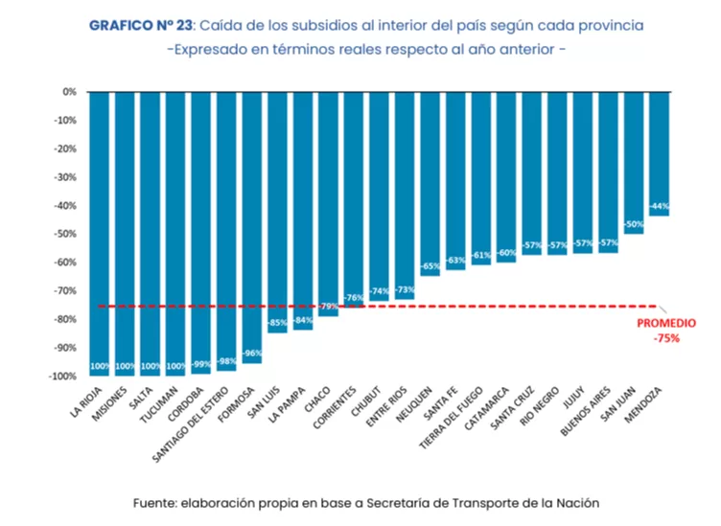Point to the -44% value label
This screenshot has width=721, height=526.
659,207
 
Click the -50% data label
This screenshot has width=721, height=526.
634,224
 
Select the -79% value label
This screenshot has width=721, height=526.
328,307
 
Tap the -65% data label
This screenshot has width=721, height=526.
430,266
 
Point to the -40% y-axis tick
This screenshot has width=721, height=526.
66,206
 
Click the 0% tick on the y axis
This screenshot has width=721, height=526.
69,92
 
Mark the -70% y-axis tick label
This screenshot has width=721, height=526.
66,291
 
